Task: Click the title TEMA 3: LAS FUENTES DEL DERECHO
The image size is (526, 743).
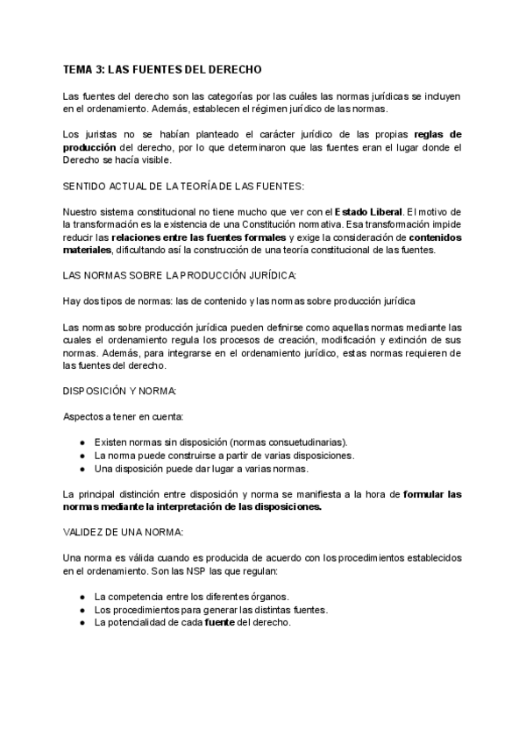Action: point(162,68)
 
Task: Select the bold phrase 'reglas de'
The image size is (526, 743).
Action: point(437,134)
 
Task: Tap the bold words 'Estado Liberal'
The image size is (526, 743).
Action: point(368,211)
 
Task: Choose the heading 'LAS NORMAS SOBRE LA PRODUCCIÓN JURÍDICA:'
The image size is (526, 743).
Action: point(180,275)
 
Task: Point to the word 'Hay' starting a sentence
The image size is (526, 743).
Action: point(73,301)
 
